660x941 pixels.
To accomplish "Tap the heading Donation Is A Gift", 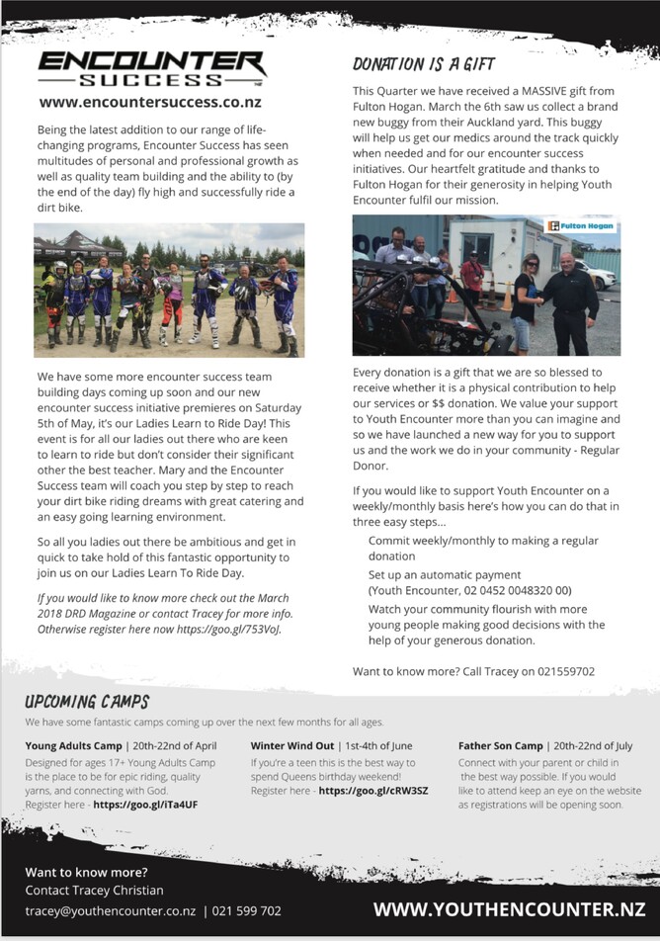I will pos(414,64).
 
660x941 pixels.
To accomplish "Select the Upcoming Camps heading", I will pos(88,702).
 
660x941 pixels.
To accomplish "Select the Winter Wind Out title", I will pos(290,745).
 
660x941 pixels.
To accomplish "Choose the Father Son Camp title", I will pos(500,745).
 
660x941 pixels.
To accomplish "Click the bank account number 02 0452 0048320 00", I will pos(503,589).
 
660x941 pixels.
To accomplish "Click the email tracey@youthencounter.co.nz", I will pos(110,910).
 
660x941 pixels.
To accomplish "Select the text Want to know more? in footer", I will pos(86,872).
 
